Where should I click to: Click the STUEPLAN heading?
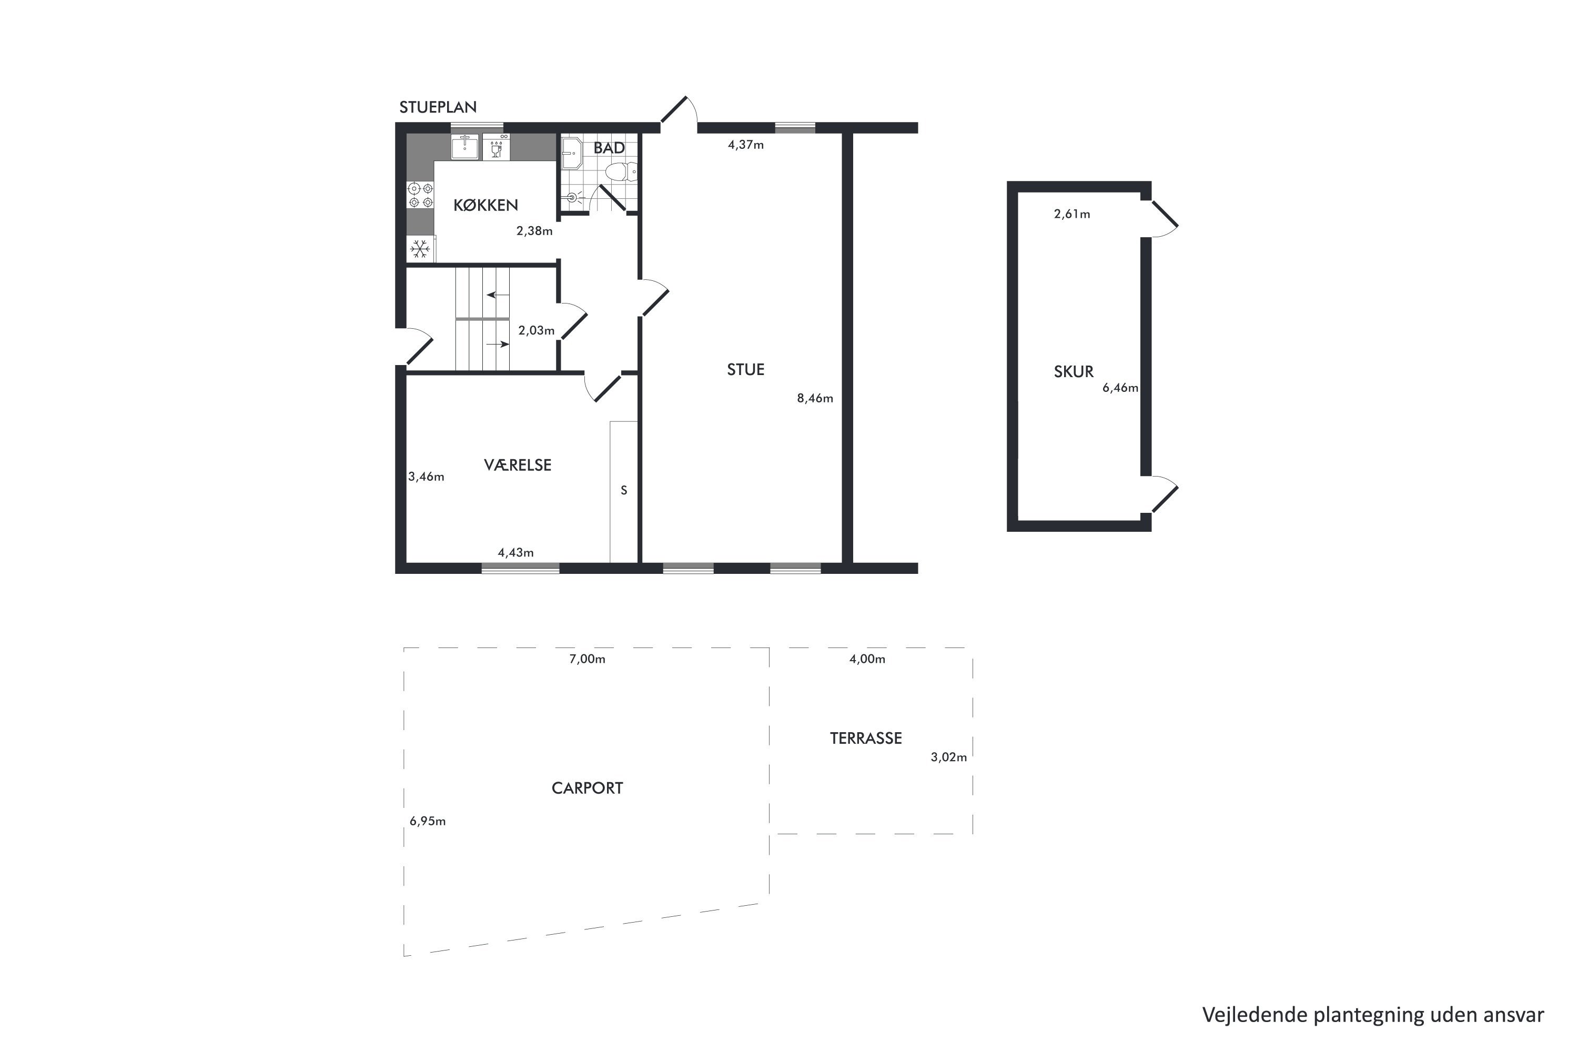click(x=438, y=107)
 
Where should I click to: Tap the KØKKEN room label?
click(x=485, y=205)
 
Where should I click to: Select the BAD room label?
click(x=609, y=148)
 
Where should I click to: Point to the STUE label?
click(x=745, y=370)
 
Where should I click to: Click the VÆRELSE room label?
click(x=517, y=465)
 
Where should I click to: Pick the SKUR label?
click(x=1074, y=372)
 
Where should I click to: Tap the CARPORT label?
click(x=587, y=788)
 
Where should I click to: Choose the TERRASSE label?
click(x=865, y=738)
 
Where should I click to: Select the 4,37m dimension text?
click(x=746, y=145)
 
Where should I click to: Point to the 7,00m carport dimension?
click(x=587, y=660)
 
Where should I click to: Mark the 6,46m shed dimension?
click(x=1120, y=388)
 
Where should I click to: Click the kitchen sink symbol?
click(x=464, y=147)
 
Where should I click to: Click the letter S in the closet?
click(x=624, y=490)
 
